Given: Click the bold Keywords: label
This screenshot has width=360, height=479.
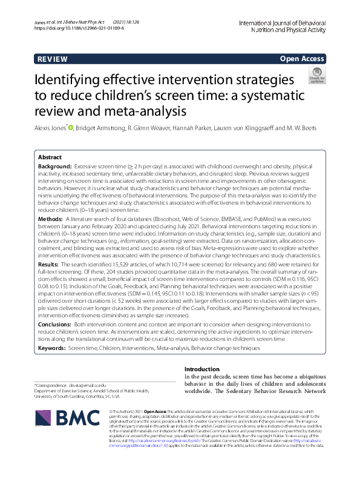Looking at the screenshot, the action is [x=53, y=349].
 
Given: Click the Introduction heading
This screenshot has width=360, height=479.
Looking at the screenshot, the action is [x=202, y=369].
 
